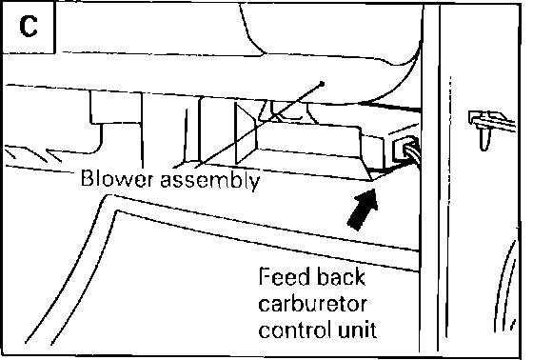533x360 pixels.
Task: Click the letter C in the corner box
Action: [x=29, y=27]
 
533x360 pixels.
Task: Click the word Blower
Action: [x=116, y=178]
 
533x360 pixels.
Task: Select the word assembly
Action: [x=210, y=180]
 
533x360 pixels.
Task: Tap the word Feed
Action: [x=284, y=276]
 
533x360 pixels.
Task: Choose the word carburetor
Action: [x=313, y=304]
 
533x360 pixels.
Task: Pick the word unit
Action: [x=357, y=330]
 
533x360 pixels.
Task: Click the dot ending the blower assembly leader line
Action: [x=322, y=84]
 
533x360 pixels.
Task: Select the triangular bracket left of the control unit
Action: [x=246, y=133]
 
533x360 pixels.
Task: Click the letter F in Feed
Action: [x=266, y=276]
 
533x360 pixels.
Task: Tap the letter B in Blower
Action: [x=88, y=178]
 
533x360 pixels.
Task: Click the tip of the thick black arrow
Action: [x=374, y=190]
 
